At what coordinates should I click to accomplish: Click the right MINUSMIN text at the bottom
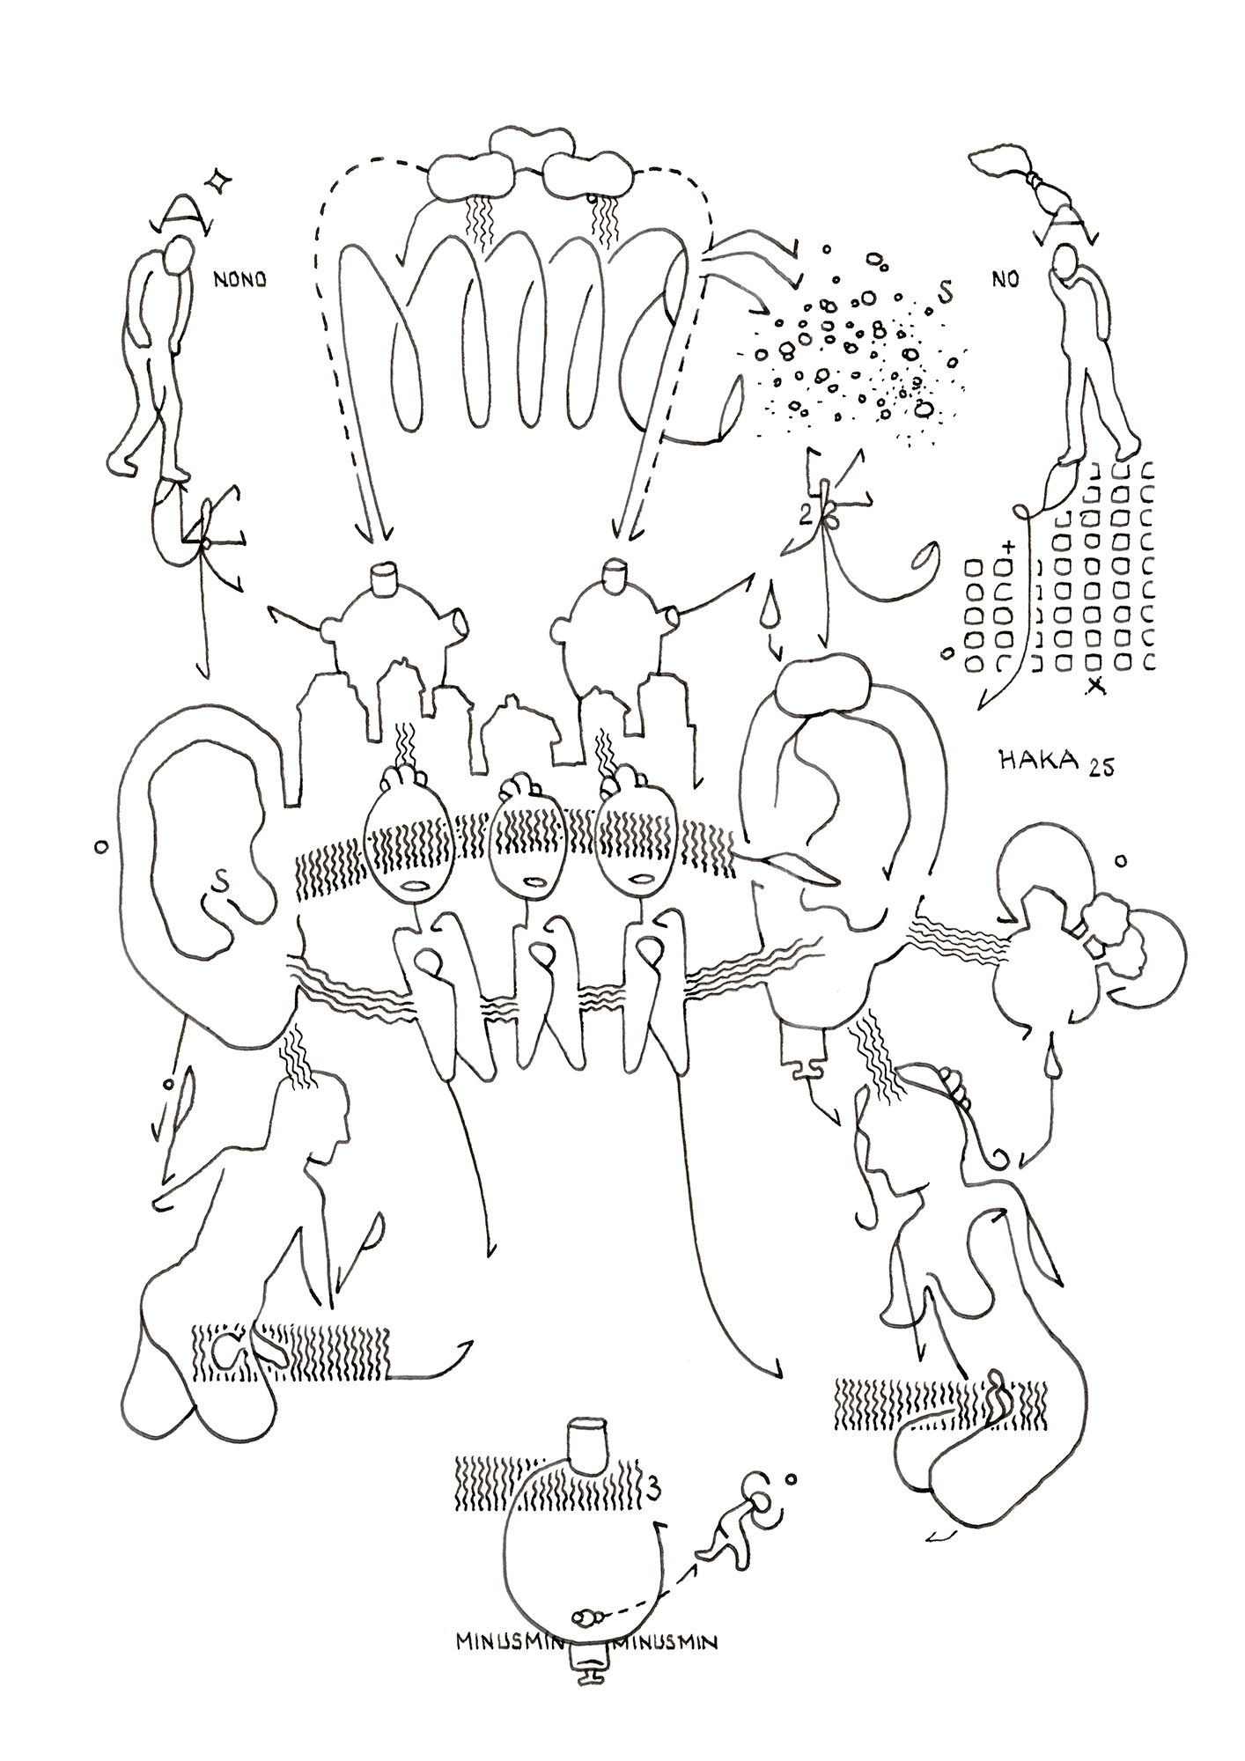coord(668,1641)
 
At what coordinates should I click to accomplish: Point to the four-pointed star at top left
coord(218,181)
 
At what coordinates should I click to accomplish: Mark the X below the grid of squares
coord(1095,685)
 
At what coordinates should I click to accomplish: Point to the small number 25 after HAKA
coord(1101,768)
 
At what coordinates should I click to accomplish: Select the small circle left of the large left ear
coord(100,847)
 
